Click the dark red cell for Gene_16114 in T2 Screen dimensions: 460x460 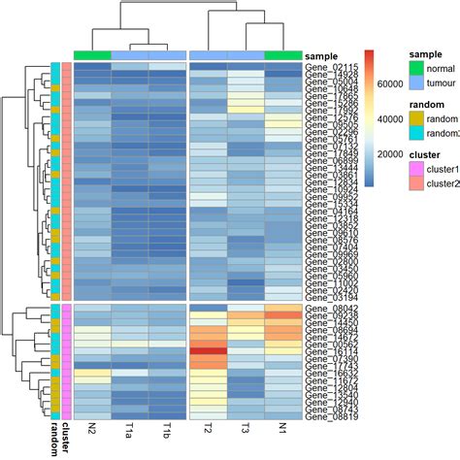point(208,352)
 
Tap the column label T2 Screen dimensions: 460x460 point(208,433)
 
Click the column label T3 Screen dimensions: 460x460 point(246,433)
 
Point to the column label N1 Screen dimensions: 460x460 point(283,433)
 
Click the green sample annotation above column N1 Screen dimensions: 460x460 point(283,55)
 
